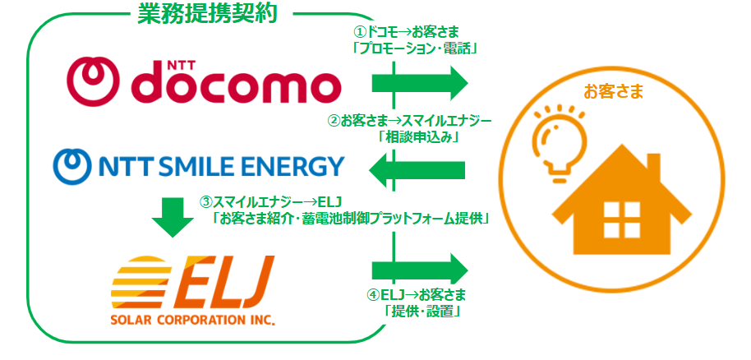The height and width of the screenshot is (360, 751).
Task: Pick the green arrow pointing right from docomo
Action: [x=419, y=82]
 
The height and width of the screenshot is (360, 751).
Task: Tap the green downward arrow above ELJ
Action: [x=173, y=215]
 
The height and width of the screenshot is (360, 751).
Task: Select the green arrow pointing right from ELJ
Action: [x=419, y=270]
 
